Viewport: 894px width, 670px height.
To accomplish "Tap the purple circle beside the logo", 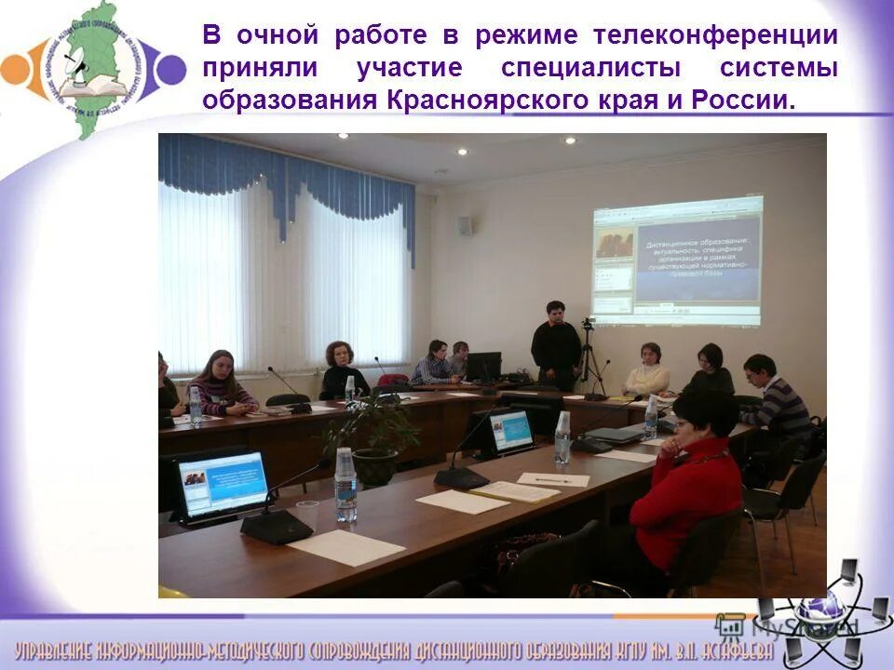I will [x=170, y=70].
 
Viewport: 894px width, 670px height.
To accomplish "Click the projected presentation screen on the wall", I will [x=677, y=261].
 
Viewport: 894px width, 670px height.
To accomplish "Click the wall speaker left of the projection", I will [x=464, y=225].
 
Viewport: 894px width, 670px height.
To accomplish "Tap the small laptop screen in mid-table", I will [x=510, y=431].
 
